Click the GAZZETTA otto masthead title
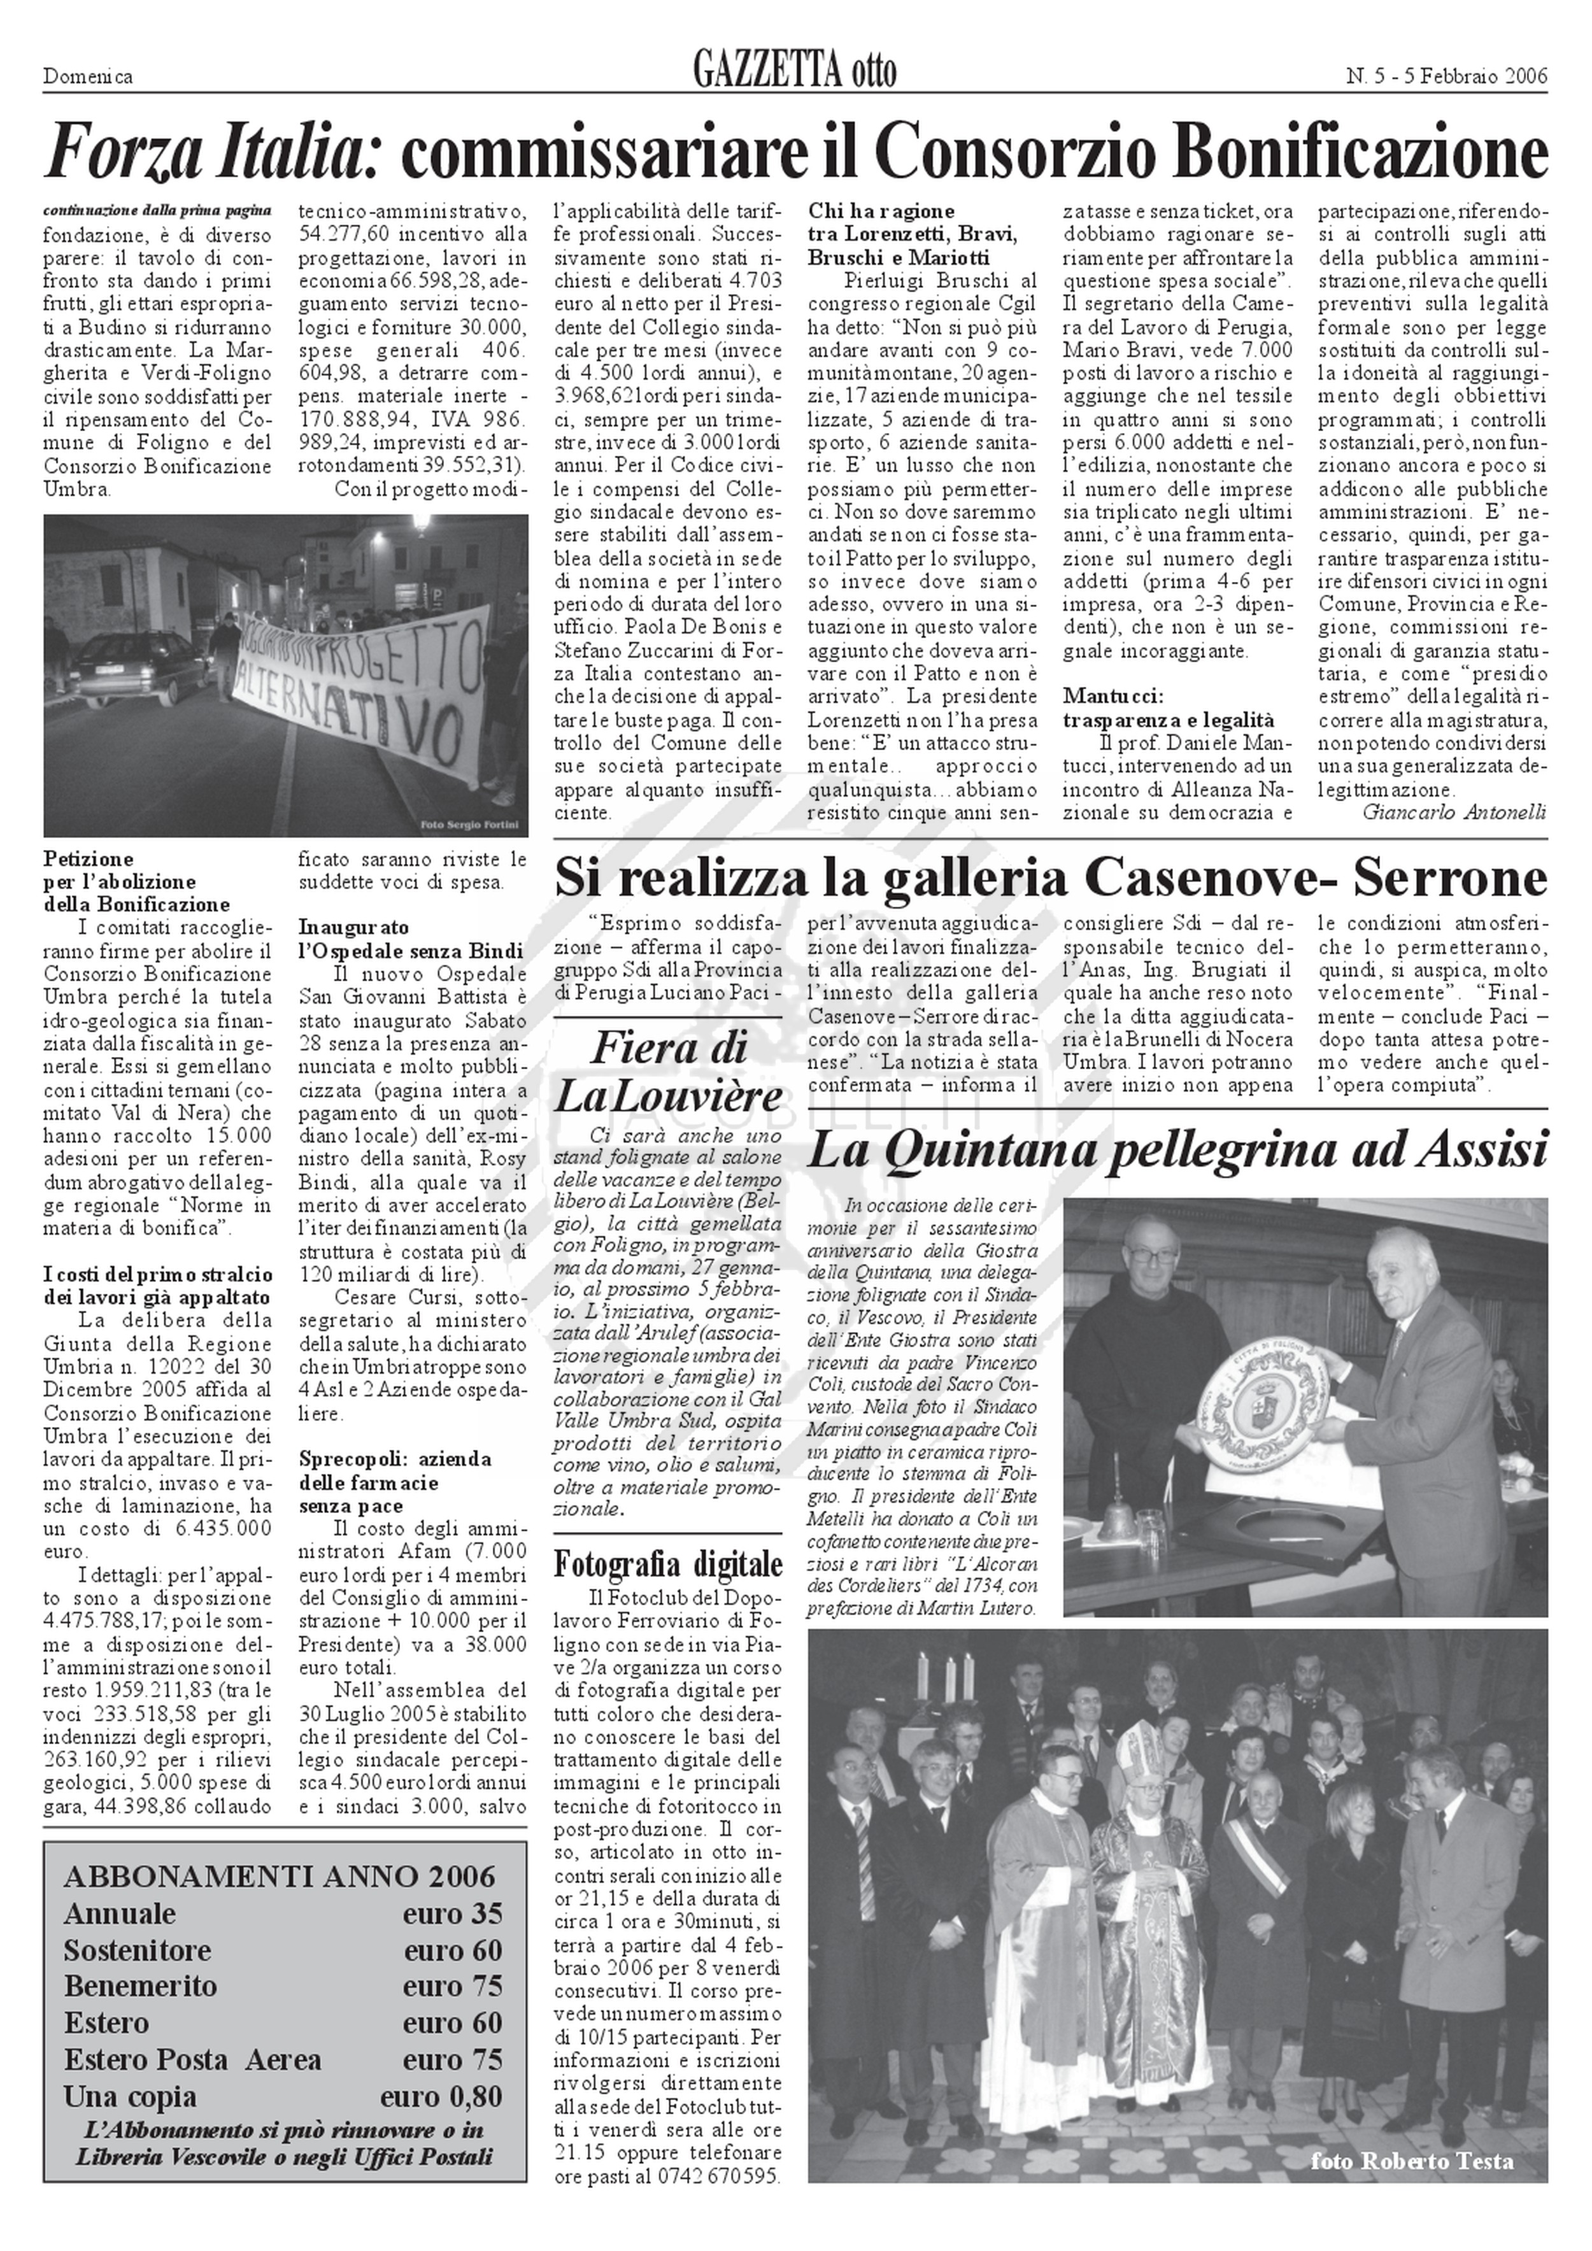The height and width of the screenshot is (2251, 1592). click(x=794, y=71)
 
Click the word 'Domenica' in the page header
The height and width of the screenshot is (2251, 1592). click(x=89, y=76)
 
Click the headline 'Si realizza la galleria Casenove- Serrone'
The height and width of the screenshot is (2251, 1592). click(x=1050, y=877)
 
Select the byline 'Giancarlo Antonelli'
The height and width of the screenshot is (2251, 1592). click(x=1454, y=812)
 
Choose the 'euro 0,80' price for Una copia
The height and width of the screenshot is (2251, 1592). click(x=441, y=2096)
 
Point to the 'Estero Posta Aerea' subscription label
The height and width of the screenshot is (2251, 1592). click(x=192, y=2059)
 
